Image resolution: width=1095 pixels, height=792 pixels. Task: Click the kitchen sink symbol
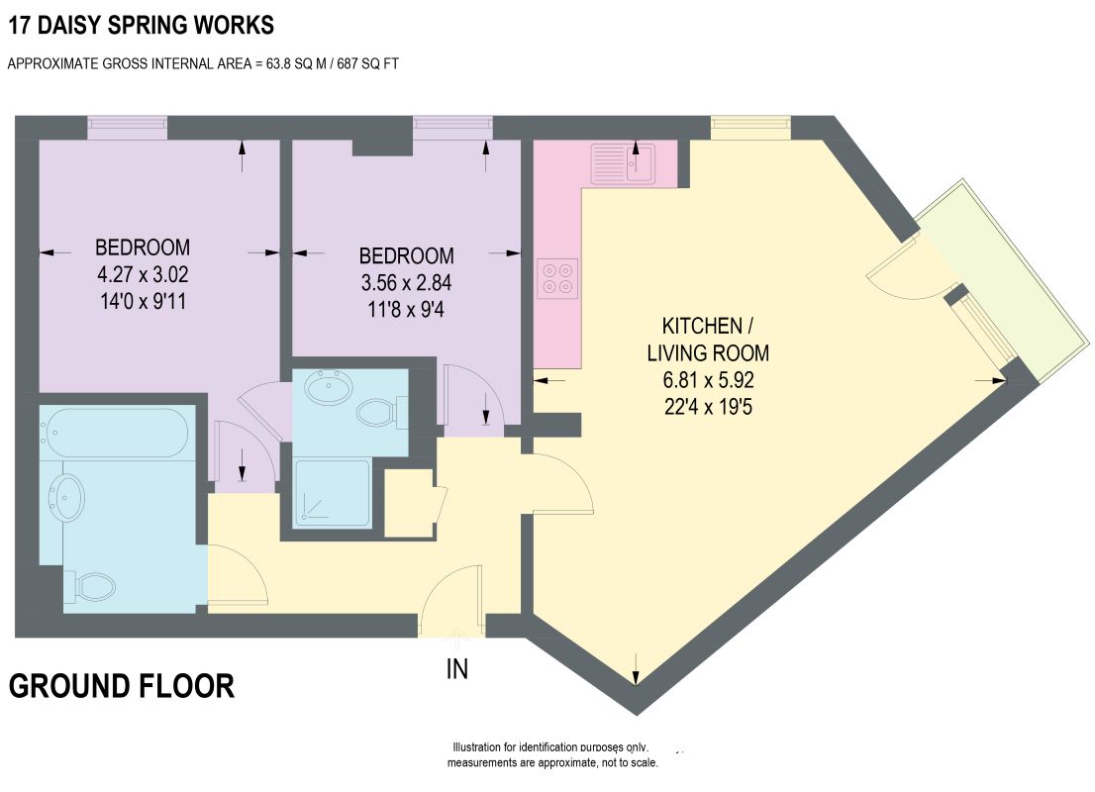coord(622,162)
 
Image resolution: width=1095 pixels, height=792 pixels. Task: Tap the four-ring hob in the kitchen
coord(557,278)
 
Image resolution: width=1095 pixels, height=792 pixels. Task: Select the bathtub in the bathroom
coord(114,433)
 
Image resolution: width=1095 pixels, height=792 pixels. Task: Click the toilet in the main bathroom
coord(89,587)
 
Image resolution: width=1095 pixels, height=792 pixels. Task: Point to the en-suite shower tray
coord(332,493)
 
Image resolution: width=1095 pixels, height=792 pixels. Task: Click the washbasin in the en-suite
coord(330,388)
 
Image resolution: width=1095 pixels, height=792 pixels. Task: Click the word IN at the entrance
coord(456,669)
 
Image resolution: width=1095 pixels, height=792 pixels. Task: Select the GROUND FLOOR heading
coord(122,686)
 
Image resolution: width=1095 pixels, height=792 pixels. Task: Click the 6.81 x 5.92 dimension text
coord(708,380)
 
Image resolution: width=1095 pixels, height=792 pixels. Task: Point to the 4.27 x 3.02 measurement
coord(143,274)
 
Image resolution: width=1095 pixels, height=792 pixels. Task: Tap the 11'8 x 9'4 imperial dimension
coord(406,310)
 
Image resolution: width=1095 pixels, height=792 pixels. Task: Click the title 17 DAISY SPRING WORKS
coord(141,25)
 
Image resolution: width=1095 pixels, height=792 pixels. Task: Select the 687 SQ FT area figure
coord(368,63)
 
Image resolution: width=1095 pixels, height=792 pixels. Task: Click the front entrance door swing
coord(451,601)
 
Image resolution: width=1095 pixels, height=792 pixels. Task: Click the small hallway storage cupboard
coord(410,503)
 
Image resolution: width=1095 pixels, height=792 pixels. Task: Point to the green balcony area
coord(1006,279)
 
